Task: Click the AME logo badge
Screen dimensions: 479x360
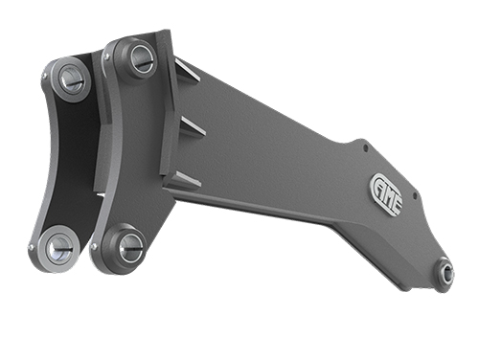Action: tap(387, 194)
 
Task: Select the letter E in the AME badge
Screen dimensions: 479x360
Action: tap(396, 205)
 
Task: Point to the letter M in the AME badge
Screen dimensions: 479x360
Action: tap(388, 195)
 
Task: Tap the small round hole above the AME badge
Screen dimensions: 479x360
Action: tap(366, 147)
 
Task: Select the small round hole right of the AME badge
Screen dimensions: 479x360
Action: tap(415, 194)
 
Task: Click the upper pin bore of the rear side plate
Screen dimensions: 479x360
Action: tap(72, 80)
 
